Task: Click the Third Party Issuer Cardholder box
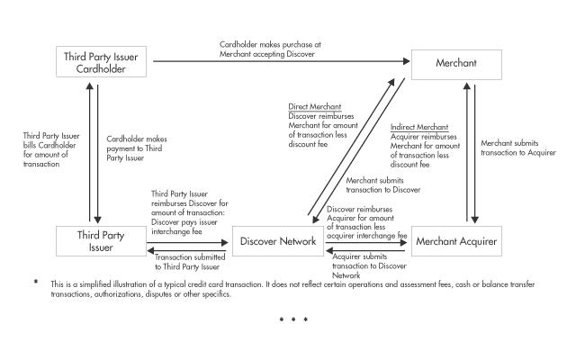coord(99,62)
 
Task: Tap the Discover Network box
coord(277,241)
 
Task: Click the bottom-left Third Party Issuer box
coord(99,241)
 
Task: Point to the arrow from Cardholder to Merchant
coord(279,62)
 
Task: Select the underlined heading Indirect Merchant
coord(419,127)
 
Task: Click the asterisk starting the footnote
coord(36,283)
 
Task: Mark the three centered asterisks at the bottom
coord(293,319)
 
